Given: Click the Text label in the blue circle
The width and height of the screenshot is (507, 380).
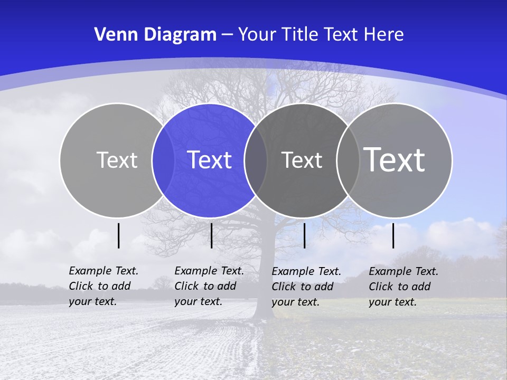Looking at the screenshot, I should [x=210, y=160].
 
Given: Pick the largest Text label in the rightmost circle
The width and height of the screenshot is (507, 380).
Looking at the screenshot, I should [x=395, y=159].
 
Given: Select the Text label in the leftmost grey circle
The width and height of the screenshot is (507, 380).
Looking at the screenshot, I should [x=117, y=160].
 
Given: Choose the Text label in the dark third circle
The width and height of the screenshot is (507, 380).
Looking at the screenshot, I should [x=302, y=160].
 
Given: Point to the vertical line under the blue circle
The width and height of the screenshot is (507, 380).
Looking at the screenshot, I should [x=211, y=235].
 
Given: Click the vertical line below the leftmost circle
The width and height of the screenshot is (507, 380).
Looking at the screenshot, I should [x=119, y=235].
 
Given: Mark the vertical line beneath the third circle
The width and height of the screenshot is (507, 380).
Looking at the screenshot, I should [x=305, y=235].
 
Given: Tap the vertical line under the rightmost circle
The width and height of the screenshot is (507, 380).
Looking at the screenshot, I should [x=393, y=235].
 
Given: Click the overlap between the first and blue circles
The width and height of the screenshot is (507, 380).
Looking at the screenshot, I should [x=163, y=160].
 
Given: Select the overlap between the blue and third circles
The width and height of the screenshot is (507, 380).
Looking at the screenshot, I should [x=256, y=160].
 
